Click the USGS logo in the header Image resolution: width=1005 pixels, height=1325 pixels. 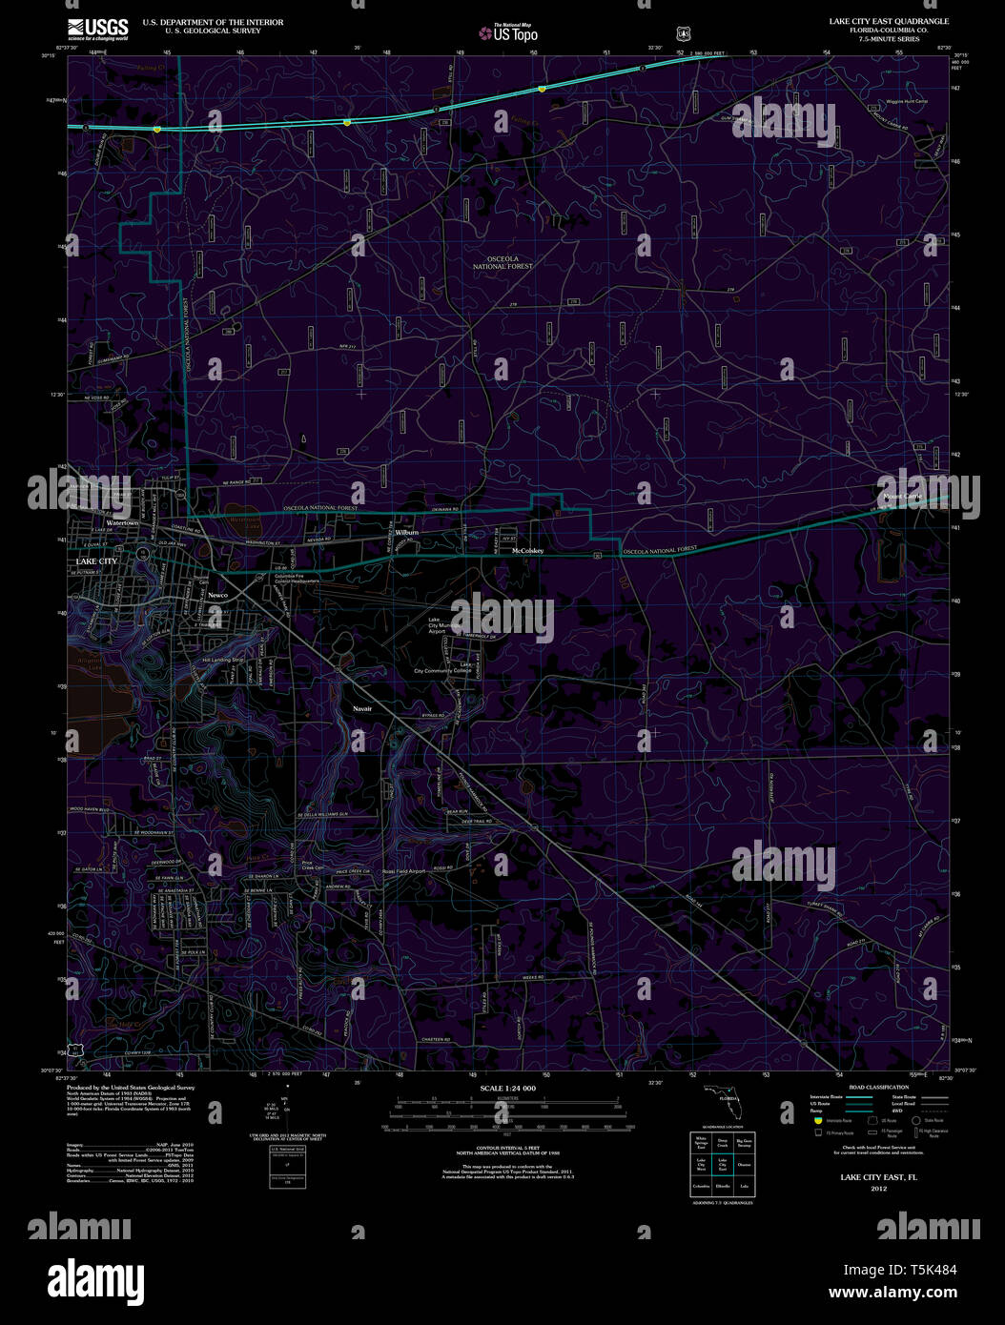(98, 29)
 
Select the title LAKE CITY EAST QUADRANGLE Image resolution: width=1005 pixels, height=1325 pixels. (889, 21)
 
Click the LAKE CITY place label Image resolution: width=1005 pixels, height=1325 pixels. (96, 561)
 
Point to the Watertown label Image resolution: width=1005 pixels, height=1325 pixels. (122, 523)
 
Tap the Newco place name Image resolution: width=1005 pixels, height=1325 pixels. (218, 595)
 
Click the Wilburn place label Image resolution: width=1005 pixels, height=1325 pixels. (407, 532)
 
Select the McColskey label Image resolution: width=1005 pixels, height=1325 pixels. (526, 551)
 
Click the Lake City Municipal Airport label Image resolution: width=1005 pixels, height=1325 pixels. (439, 625)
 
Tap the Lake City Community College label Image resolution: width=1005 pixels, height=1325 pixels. (444, 670)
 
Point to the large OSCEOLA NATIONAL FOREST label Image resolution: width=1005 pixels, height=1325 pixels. (502, 262)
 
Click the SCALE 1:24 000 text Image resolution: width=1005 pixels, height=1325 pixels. (507, 1088)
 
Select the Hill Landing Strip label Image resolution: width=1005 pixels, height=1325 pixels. (222, 660)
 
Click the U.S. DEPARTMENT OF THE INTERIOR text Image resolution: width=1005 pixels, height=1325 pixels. (213, 21)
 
